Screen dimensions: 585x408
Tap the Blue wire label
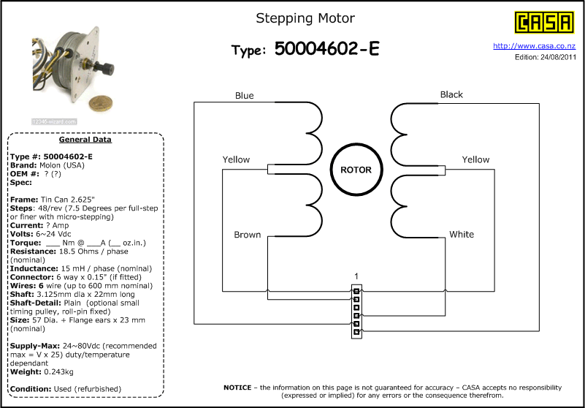pyautogui.click(x=245, y=96)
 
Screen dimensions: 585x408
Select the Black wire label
pyautogui.click(x=451, y=94)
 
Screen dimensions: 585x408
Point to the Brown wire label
pyautogui.click(x=248, y=235)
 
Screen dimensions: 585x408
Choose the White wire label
pyautogui.click(x=462, y=234)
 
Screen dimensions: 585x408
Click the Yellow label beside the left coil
pyautogui.click(x=236, y=159)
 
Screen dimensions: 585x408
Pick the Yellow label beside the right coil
pyautogui.click(x=475, y=159)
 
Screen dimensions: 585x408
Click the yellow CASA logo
pyautogui.click(x=544, y=23)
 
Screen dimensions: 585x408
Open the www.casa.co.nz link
pyautogui.click(x=535, y=46)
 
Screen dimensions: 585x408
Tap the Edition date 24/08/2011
pyautogui.click(x=558, y=57)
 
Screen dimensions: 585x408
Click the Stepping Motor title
pyautogui.click(x=305, y=18)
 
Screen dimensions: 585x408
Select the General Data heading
pyautogui.click(x=85, y=140)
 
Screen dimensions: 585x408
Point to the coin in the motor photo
pyautogui.click(x=101, y=105)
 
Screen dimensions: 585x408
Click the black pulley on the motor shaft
pyautogui.click(x=106, y=69)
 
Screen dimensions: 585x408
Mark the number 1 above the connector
pyautogui.click(x=356, y=276)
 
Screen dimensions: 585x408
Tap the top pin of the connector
pyautogui.click(x=356, y=291)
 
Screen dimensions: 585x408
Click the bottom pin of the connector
pyautogui.click(x=356, y=331)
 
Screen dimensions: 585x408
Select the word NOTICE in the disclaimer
pyautogui.click(x=237, y=388)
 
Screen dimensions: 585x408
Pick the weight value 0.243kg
pyautogui.click(x=58, y=371)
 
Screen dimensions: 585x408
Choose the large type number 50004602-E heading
pyautogui.click(x=326, y=48)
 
